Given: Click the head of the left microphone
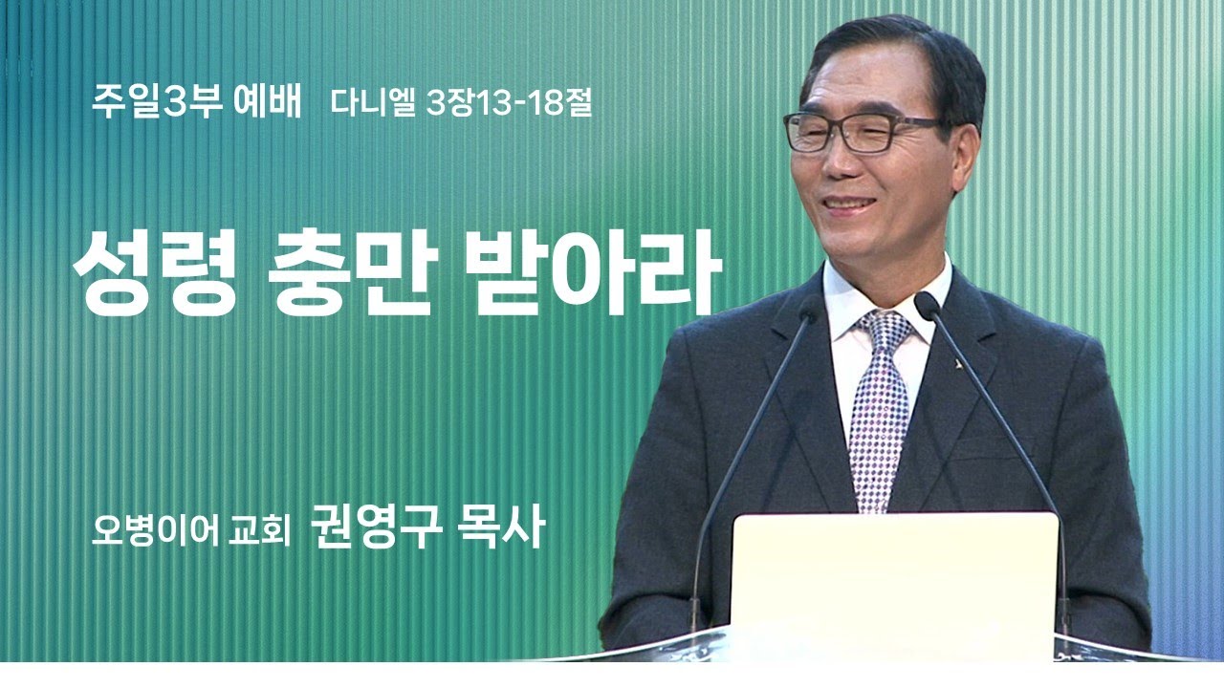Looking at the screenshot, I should (x=812, y=308).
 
